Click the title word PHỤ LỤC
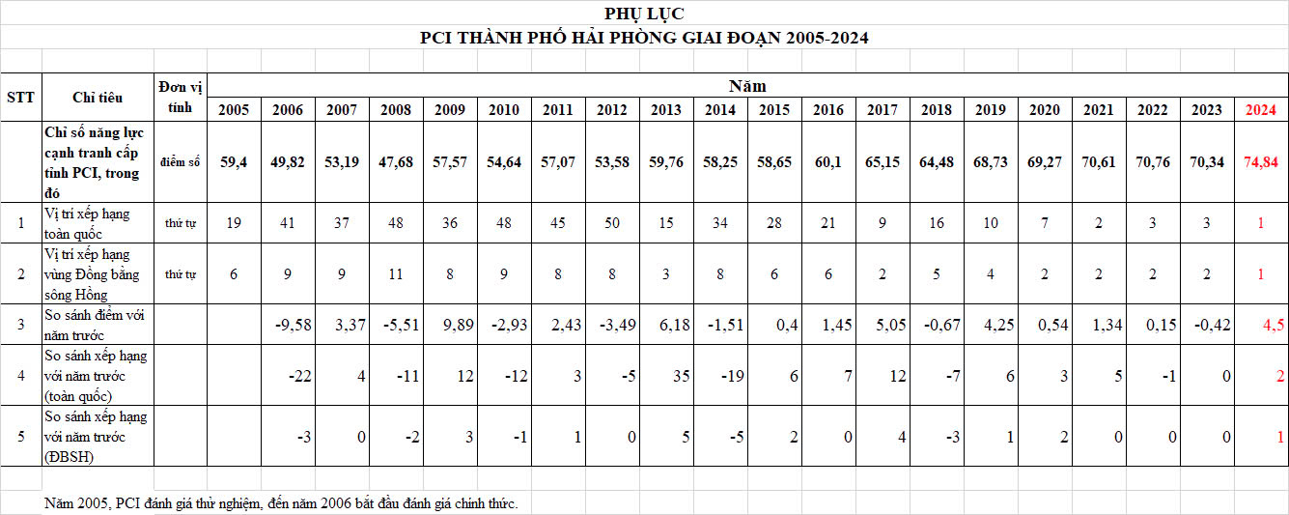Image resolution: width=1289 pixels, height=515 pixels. coord(644,14)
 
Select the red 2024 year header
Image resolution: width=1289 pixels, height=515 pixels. coord(1261,109)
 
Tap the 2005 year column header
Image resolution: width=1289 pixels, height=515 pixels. coord(234,109)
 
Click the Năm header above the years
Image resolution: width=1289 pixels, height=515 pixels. coord(746,85)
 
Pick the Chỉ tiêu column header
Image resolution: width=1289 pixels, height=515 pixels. coord(98,97)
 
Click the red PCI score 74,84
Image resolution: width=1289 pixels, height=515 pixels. coord(1261,161)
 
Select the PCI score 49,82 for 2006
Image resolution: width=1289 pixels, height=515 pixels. coord(288,161)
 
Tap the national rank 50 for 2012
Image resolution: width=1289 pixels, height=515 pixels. coord(612,223)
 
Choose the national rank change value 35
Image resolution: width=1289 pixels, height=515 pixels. coord(682,375)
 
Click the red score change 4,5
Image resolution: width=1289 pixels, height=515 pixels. coord(1274,325)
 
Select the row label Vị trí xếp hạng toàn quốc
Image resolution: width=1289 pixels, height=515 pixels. coord(87,223)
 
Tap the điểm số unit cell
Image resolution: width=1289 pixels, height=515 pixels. coord(181,162)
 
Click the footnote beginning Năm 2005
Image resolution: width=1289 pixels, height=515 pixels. coord(281,503)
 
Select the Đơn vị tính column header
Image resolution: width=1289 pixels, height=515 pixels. coord(181,97)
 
